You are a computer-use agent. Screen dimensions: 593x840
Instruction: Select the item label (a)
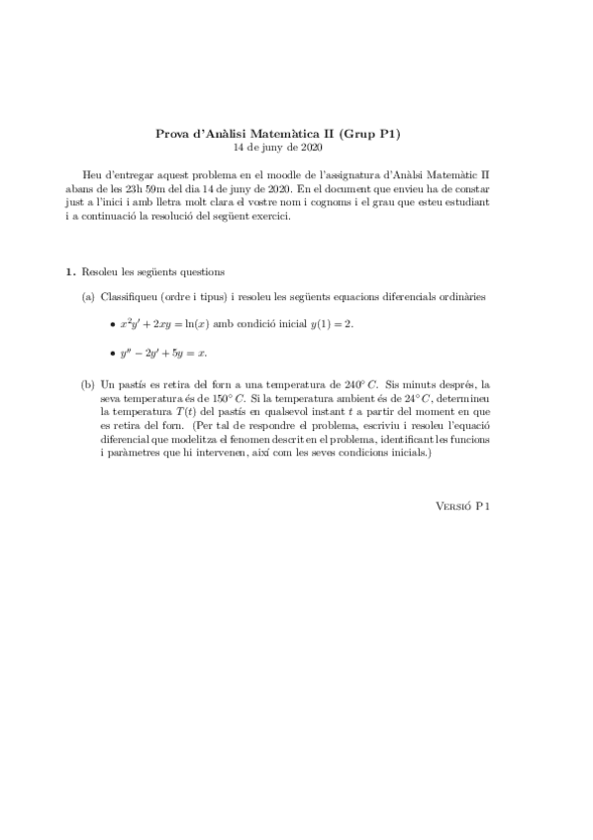[88, 295]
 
